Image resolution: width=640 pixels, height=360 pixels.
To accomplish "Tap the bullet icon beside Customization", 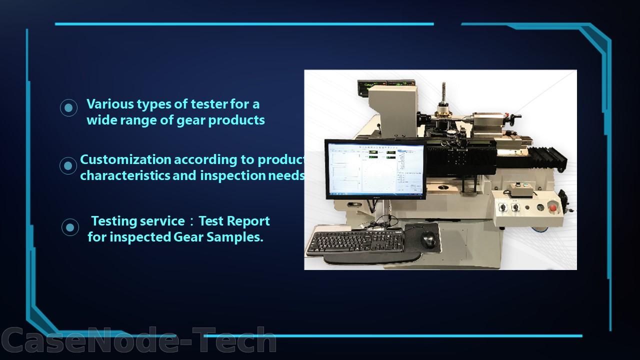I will [68, 165].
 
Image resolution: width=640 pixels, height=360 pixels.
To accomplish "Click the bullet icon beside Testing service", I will [70, 227].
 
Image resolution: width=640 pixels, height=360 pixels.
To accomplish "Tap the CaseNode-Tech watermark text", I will [138, 340].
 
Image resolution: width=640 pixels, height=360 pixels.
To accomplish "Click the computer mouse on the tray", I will [428, 239].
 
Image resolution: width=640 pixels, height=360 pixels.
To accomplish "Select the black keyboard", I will [355, 241].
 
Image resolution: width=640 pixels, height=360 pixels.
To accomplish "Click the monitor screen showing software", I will [375, 169].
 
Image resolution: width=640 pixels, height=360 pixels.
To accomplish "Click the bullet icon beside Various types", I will [68, 107].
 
